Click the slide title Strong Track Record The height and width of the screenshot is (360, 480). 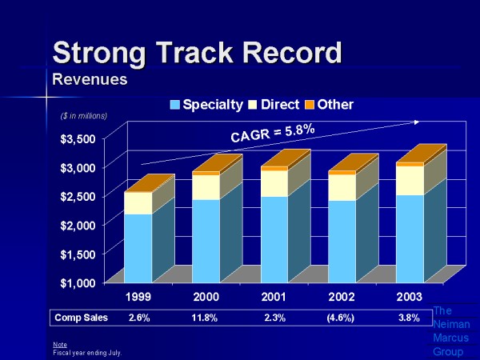coord(197,52)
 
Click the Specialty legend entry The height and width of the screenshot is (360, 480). coord(209,105)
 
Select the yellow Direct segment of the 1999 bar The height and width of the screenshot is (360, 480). coord(137,203)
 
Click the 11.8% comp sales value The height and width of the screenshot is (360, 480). coord(207,318)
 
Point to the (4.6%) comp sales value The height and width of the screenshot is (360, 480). coord(341,318)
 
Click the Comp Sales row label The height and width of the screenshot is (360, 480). coord(81,318)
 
